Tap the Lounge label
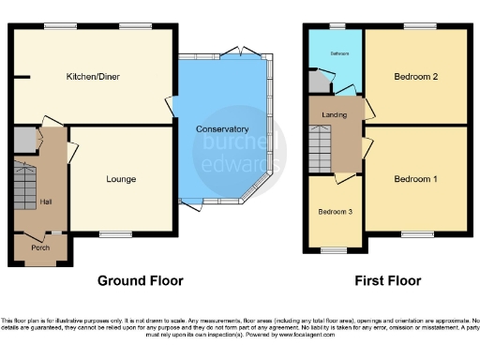(x=120, y=179)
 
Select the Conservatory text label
(x=222, y=128)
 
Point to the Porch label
(x=39, y=248)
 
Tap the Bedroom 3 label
(x=336, y=212)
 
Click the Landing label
(x=334, y=115)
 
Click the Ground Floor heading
(x=141, y=280)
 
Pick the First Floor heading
(x=387, y=280)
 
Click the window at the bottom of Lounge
(x=115, y=233)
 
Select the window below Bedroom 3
(x=333, y=250)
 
